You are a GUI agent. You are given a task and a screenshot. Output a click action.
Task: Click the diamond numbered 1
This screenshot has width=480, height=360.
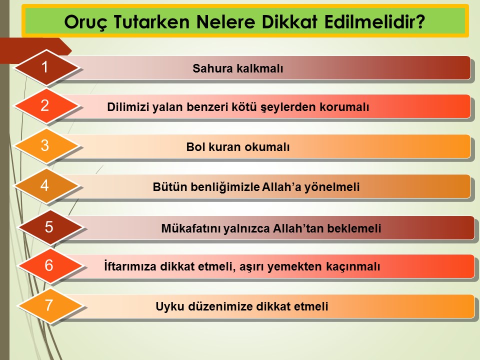click(x=46, y=67)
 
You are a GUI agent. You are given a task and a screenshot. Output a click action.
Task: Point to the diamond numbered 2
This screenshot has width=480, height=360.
click(x=46, y=106)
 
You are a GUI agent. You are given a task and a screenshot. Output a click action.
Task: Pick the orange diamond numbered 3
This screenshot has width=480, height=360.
click(x=46, y=146)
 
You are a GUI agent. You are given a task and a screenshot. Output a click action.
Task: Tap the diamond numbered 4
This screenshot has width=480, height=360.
click(x=46, y=186)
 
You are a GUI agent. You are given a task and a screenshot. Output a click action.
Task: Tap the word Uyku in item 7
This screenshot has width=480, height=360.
click(x=170, y=306)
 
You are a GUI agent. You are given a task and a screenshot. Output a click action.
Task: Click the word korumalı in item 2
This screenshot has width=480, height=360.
click(x=344, y=107)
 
